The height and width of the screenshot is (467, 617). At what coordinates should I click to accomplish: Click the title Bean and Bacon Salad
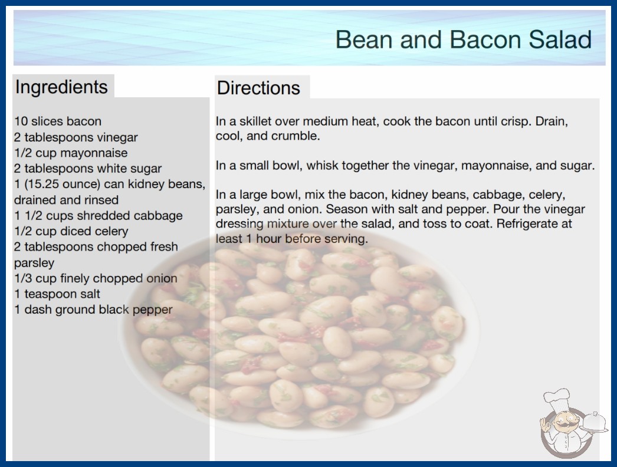463,40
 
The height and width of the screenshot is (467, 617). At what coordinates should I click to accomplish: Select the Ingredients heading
61,87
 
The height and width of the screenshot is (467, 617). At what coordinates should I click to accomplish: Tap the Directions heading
258,88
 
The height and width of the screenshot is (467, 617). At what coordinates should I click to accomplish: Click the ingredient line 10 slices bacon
58,121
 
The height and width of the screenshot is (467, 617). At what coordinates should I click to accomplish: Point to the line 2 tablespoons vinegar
76,137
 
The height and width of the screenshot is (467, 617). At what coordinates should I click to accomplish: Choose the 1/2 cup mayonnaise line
71,153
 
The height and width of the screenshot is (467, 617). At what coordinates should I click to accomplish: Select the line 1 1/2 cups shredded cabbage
99,216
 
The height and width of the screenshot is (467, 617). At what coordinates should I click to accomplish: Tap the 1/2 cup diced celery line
71,231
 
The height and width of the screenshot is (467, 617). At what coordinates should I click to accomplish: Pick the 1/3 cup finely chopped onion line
96,278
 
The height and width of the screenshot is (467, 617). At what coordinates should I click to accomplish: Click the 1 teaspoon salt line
57,294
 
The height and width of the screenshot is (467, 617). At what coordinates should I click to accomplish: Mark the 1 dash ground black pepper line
93,310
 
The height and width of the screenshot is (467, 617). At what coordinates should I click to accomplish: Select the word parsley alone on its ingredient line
34,263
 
